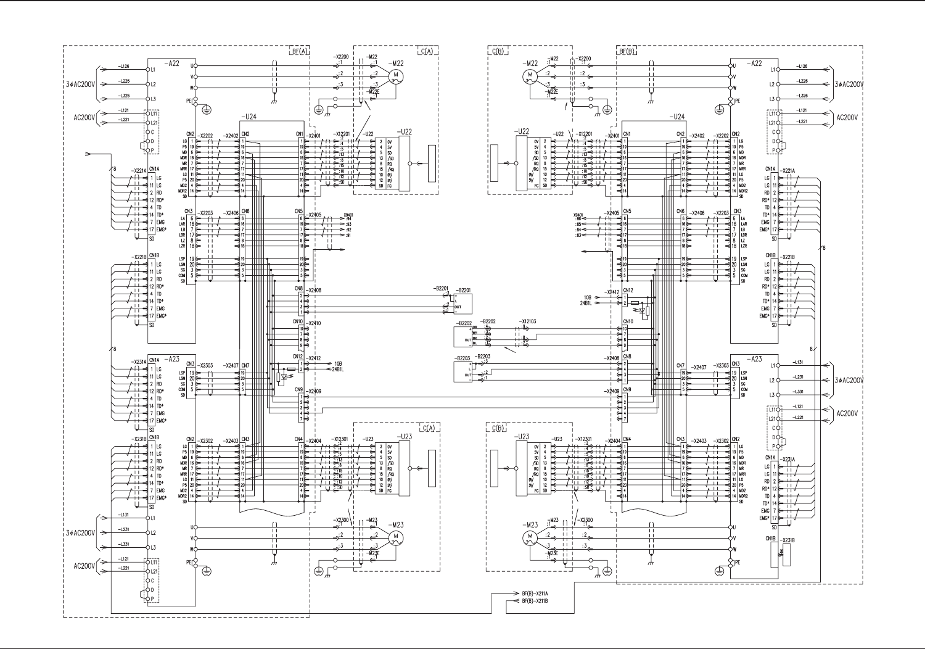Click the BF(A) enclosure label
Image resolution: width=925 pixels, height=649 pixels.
298,51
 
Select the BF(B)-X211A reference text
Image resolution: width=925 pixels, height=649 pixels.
535,593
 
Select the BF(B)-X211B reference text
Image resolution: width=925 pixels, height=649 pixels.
535,600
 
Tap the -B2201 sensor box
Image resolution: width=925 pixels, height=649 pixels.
463,303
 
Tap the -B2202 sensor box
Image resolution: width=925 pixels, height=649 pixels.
462,335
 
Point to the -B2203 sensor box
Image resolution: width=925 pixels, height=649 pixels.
462,371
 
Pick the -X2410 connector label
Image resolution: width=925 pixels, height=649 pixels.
314,323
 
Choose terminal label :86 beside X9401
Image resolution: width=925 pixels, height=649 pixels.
578,218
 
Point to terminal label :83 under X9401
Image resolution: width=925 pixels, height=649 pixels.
578,235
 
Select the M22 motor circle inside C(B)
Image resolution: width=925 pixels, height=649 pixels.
529,76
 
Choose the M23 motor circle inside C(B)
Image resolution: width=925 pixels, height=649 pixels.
529,538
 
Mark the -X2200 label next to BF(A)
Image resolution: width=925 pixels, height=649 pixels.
340,56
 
